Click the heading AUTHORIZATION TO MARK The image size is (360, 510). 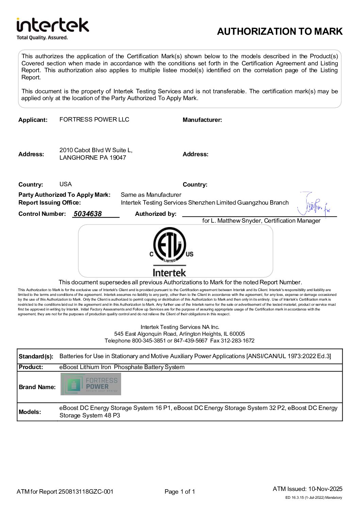(280, 31)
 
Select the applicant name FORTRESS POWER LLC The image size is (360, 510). (94, 119)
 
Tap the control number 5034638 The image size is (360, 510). (87, 214)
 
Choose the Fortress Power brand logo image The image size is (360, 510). (91, 384)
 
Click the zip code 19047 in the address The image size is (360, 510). (118, 158)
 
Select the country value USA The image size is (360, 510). (65, 184)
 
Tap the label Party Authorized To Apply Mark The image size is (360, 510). (64, 195)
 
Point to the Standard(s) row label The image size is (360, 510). (36, 356)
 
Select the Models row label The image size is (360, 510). (30, 412)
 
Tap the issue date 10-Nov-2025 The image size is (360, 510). (325, 489)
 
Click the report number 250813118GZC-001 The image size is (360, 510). (86, 492)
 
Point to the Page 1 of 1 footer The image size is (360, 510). (180, 492)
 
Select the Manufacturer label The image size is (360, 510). (202, 120)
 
